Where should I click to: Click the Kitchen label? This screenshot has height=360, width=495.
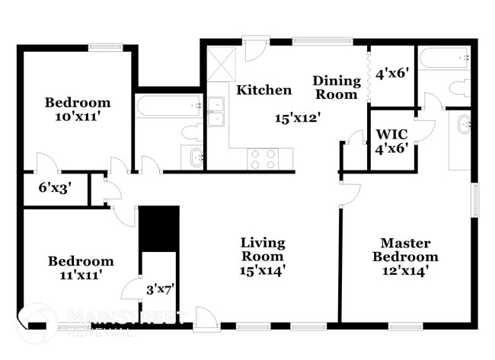[264, 91]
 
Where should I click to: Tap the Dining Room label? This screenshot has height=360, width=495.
[337, 88]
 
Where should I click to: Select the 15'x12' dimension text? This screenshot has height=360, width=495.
[298, 118]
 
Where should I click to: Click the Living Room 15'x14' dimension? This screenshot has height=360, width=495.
[263, 271]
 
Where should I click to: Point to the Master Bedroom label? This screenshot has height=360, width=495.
[405, 250]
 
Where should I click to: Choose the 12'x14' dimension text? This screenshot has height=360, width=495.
[405, 271]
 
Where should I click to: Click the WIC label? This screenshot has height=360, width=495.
[391, 135]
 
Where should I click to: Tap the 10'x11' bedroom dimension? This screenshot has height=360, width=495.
[78, 116]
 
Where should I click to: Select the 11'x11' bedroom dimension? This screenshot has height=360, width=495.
[81, 275]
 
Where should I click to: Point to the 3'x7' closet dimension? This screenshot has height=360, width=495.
[161, 289]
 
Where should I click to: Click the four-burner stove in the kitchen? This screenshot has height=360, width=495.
[263, 159]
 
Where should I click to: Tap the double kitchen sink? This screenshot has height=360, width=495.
[216, 112]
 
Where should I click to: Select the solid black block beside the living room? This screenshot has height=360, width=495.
[159, 229]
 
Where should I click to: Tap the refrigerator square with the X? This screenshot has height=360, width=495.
[222, 65]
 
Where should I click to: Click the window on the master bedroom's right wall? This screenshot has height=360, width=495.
[474, 199]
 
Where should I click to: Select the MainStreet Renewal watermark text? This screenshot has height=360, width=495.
[127, 323]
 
